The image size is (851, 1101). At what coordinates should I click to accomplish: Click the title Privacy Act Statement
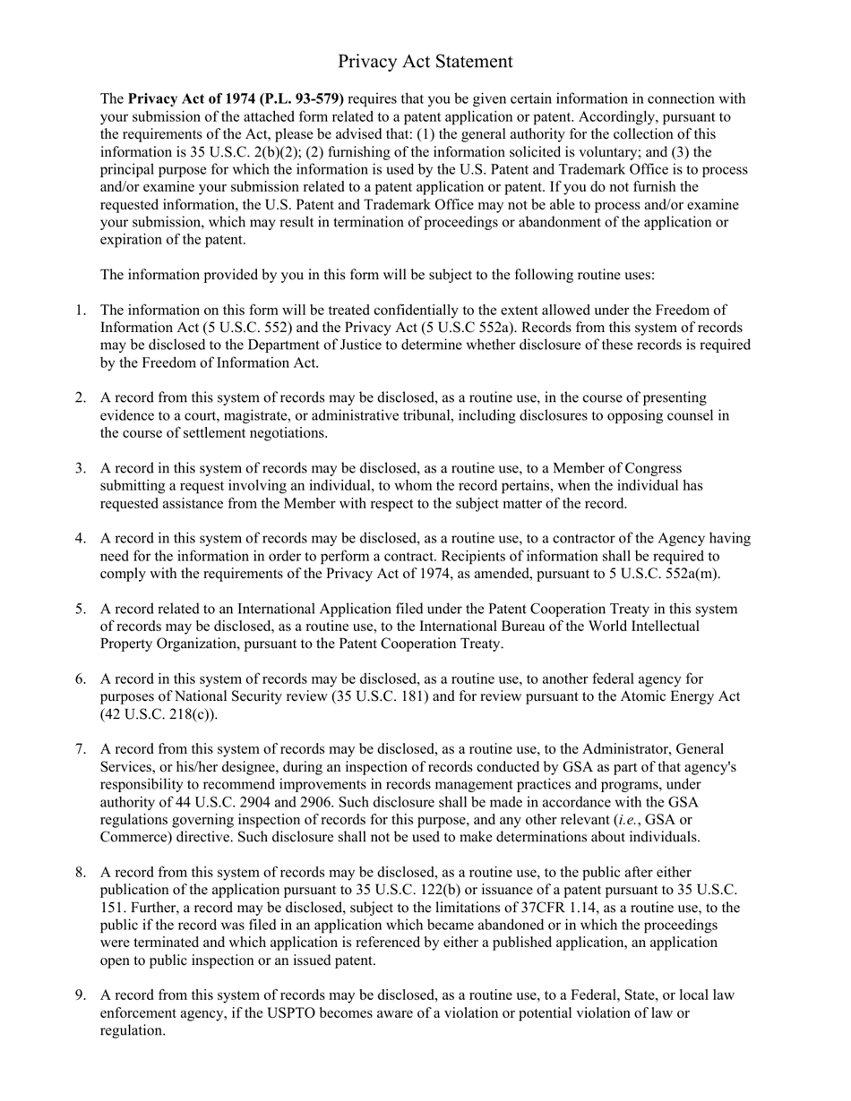tap(425, 61)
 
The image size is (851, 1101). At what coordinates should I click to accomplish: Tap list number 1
tap(80, 311)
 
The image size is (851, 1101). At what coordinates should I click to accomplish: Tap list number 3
tap(80, 468)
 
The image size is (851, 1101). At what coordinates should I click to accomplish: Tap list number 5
tap(80, 610)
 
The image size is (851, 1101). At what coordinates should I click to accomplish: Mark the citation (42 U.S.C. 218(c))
tap(159, 714)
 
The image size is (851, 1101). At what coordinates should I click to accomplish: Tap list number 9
tap(80, 995)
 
